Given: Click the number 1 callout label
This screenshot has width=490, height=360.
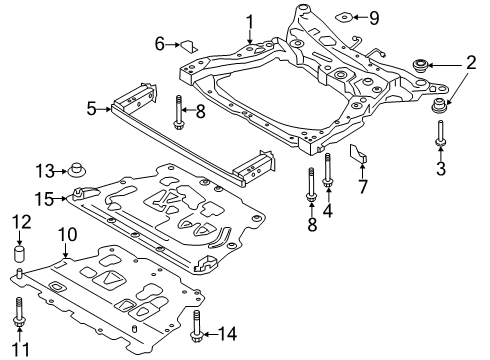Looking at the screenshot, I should click(250, 20).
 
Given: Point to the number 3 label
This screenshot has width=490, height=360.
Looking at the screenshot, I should click(441, 168).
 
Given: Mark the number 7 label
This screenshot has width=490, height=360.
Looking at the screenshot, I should click(362, 187).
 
